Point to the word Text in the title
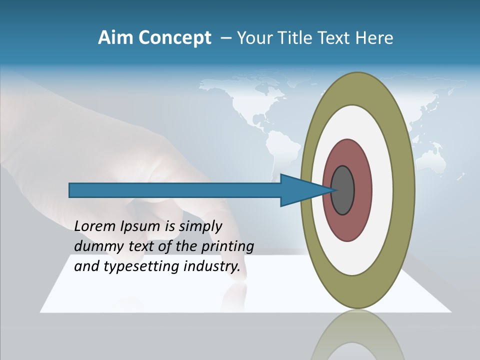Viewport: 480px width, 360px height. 336,38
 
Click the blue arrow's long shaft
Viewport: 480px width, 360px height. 175,190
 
